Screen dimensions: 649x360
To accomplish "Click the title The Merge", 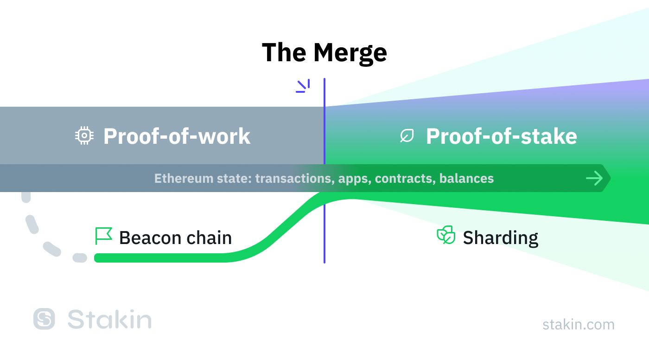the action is [324, 53].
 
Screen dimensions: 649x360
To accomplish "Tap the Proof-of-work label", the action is [177, 136].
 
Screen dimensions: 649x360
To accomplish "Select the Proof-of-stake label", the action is [502, 136].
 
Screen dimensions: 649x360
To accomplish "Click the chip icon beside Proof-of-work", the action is [84, 135].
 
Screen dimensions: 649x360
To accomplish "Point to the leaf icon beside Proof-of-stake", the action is [407, 135].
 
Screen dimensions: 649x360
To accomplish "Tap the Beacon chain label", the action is [176, 238].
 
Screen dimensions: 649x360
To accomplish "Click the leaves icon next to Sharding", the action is [446, 235].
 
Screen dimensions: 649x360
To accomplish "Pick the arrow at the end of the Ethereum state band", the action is [594, 178].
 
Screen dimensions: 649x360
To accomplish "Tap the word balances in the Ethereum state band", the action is [466, 178].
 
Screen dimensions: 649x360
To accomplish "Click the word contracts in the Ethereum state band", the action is [405, 179].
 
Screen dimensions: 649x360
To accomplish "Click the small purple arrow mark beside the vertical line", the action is [303, 86].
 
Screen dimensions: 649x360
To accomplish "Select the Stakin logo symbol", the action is [44, 319].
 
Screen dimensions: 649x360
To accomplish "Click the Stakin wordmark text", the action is [109, 319].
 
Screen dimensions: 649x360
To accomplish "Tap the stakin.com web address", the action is [579, 324].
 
